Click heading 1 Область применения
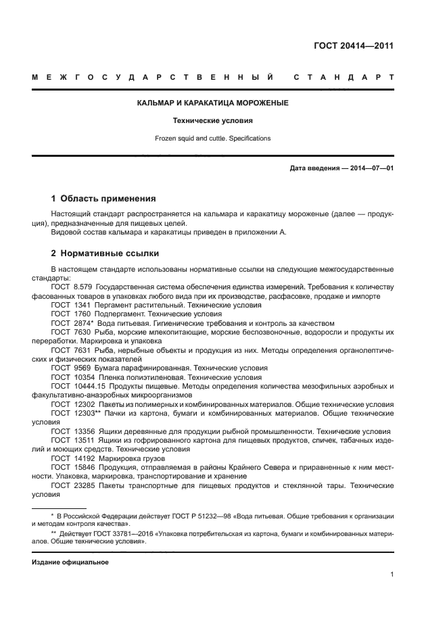pos(103,199)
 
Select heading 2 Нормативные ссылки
pos(105,253)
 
